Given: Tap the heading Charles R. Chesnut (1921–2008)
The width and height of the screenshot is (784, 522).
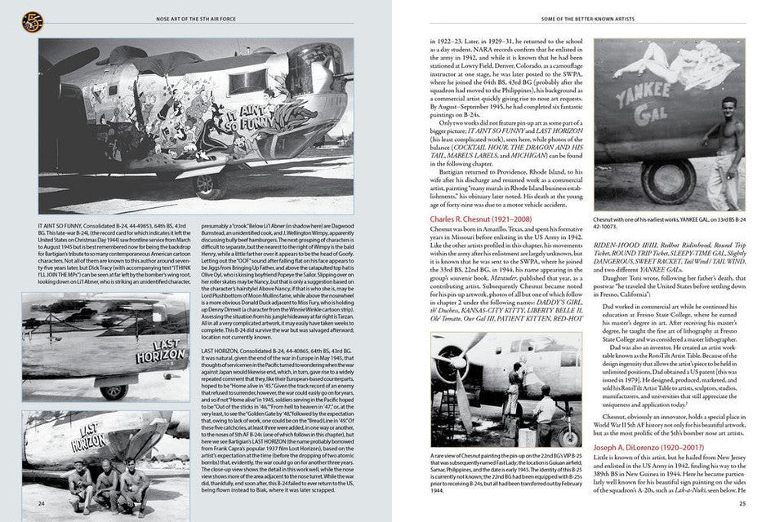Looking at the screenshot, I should pos(478,219).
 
